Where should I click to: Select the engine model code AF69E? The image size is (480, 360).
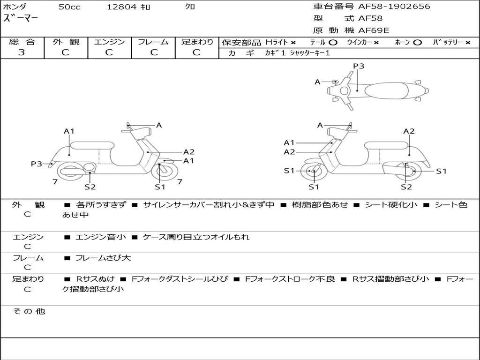pyautogui.click(x=374, y=30)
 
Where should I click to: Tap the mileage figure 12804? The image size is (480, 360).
pyautogui.click(x=121, y=7)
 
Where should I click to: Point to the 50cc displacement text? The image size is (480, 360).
pyautogui.click(x=69, y=7)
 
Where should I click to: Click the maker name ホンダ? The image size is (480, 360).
pyautogui.click(x=15, y=7)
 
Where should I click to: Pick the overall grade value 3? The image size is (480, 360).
pyautogui.click(x=22, y=52)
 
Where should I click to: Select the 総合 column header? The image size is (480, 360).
pyautogui.click(x=22, y=42)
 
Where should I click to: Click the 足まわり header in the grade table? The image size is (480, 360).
pyautogui.click(x=197, y=42)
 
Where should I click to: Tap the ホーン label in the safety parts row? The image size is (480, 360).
pyautogui.click(x=402, y=42)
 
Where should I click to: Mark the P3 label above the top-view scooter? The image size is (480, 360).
pyautogui.click(x=359, y=66)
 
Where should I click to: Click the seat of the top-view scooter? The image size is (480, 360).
pyautogui.click(x=384, y=90)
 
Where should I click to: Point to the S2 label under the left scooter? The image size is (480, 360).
pyautogui.click(x=90, y=187)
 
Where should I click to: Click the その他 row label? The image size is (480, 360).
pyautogui.click(x=29, y=311)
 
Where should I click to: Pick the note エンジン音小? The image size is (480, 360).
pyautogui.click(x=101, y=237)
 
